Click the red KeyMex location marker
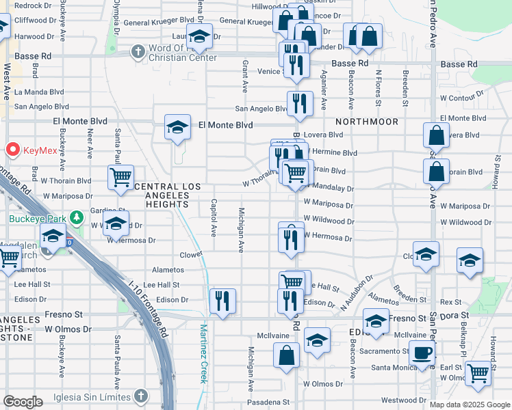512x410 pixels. coord(12,149)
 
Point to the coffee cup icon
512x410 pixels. coord(422,353)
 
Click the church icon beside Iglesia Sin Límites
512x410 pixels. coord(140,396)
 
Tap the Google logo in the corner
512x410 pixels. coord(23,402)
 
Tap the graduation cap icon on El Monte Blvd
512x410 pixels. coord(177,126)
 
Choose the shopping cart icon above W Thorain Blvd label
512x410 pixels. coord(120,176)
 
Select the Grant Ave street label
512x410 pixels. coord(245,76)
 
